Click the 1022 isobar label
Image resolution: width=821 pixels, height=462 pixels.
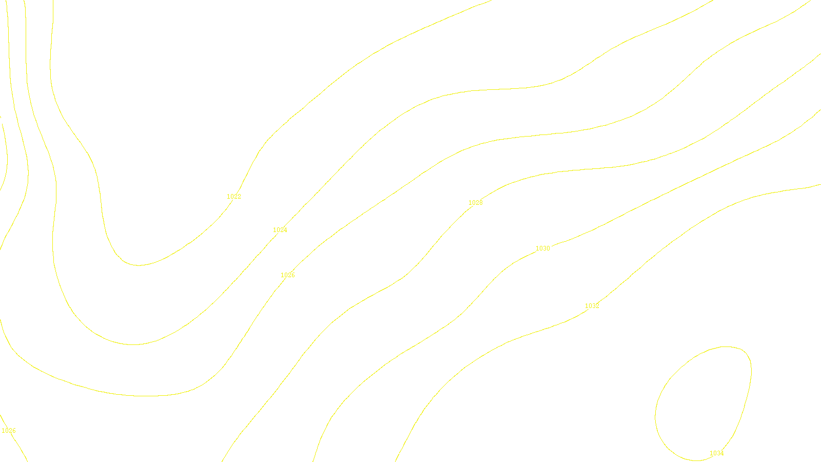click(234, 197)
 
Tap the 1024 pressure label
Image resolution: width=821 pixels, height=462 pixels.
click(280, 230)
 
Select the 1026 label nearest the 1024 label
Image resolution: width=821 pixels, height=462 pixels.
click(288, 275)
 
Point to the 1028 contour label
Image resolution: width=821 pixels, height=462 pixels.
click(476, 203)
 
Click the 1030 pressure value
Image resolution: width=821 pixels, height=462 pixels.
click(543, 248)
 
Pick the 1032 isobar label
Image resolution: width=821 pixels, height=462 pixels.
click(592, 306)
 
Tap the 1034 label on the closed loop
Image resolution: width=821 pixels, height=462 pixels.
click(717, 453)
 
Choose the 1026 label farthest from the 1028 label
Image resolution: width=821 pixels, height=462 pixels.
click(9, 431)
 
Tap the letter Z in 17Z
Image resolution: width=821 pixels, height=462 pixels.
click(393, 454)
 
